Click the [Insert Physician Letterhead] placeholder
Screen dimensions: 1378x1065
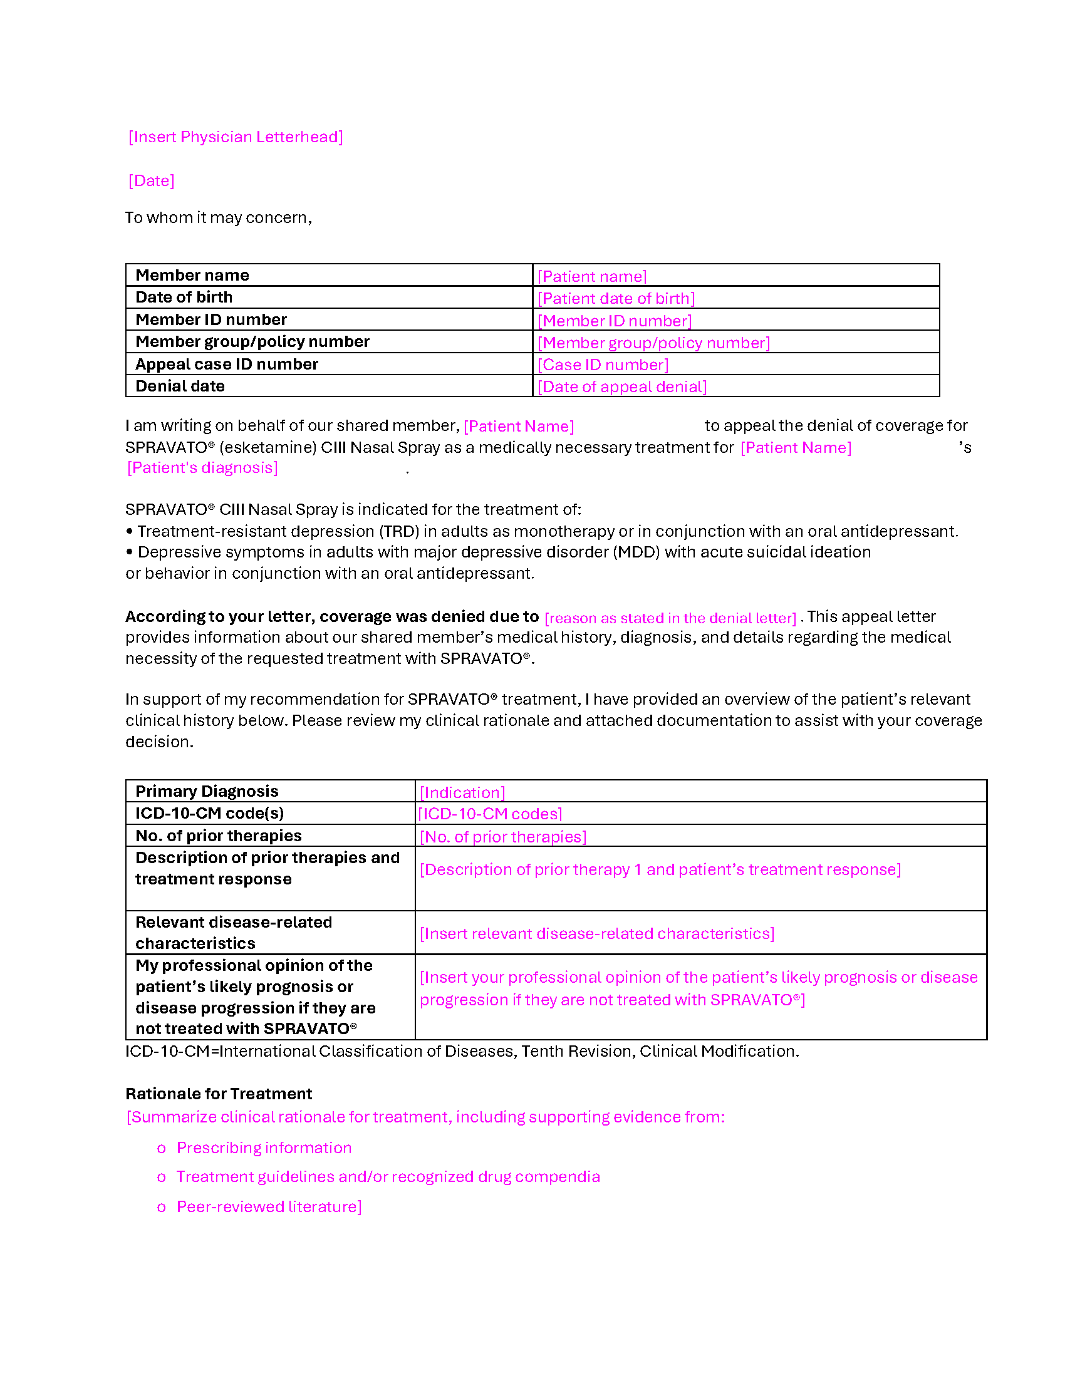coord(236,137)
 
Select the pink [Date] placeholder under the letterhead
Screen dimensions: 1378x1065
coord(152,181)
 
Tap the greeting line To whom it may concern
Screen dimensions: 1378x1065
coord(218,218)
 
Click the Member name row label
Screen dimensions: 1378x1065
coord(192,276)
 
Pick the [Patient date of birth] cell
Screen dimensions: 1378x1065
coord(616,298)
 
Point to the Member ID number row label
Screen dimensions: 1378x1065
coord(210,320)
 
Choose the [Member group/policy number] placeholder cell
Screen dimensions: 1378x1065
coord(653,343)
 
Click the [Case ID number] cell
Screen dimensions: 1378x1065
coord(603,365)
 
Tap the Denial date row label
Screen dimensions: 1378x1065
coord(180,386)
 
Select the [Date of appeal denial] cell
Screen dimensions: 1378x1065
coord(622,386)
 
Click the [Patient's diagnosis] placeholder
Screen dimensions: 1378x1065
coord(202,467)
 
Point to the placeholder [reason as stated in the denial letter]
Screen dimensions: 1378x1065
coord(670,618)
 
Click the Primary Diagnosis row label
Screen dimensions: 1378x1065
coord(207,791)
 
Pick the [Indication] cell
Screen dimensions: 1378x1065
coord(462,792)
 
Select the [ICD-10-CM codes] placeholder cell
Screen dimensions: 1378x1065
coord(491,814)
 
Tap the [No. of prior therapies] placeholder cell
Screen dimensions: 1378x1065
coord(503,837)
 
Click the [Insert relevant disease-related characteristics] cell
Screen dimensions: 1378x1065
coord(597,933)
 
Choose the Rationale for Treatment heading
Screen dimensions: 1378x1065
coord(218,1094)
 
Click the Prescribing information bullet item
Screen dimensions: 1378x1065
coord(264,1147)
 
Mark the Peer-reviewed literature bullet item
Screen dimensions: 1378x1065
coord(269,1206)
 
